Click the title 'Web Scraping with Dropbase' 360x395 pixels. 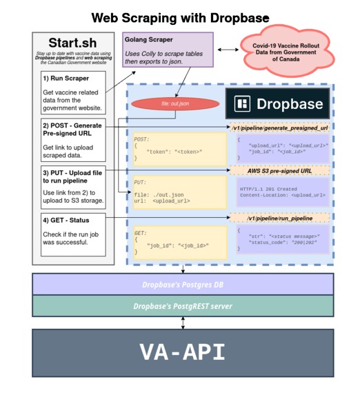pyautogui.click(x=180, y=18)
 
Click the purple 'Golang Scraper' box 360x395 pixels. pyautogui.click(x=168, y=50)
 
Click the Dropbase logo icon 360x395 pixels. pyautogui.click(x=242, y=104)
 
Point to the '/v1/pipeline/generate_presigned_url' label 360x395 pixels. pyautogui.click(x=279, y=128)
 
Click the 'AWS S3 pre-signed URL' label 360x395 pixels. pyautogui.click(x=279, y=170)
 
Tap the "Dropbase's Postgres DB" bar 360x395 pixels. pyautogui.click(x=182, y=284)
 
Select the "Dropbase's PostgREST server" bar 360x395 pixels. pyautogui.click(x=182, y=305)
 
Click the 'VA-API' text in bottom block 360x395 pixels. pyautogui.click(x=182, y=352)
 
